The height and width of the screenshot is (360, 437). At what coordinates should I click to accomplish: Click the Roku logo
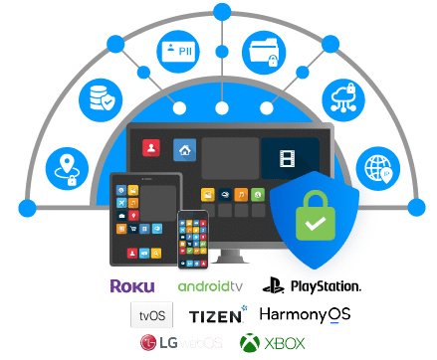[132, 286]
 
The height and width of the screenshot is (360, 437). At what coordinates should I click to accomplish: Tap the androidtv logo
[210, 286]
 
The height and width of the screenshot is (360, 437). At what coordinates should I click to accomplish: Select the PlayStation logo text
[326, 286]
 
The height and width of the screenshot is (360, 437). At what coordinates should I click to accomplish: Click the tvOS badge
[152, 314]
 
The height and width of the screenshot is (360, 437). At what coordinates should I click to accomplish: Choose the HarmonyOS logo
[305, 314]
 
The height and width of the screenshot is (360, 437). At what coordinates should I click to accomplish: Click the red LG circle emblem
[148, 343]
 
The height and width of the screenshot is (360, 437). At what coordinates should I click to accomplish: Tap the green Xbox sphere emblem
[250, 343]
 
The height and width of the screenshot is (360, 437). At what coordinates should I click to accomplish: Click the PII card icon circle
[178, 52]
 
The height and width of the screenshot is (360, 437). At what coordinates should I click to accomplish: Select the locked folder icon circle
[264, 53]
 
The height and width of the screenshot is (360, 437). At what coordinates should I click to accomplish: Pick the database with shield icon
[101, 100]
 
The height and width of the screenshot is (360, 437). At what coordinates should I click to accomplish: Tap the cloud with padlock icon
[343, 100]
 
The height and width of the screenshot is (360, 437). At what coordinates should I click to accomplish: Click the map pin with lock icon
[67, 169]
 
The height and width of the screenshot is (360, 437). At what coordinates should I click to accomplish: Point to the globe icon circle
[378, 169]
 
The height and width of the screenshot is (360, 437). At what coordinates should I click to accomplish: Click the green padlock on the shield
[315, 216]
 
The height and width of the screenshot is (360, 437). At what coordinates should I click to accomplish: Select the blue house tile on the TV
[185, 150]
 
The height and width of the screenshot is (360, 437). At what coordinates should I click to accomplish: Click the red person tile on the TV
[151, 147]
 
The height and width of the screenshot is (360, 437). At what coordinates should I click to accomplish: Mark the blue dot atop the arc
[222, 12]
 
